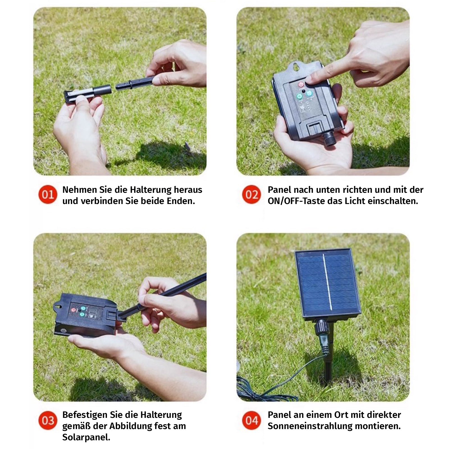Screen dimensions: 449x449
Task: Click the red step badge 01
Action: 48,194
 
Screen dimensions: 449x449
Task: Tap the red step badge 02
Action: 251,194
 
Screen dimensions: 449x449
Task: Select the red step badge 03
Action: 48,420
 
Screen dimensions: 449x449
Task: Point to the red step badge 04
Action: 251,420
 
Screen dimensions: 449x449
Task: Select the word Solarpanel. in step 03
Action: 86,437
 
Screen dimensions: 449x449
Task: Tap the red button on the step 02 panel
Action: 301,84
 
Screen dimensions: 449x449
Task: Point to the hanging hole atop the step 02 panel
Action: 295,67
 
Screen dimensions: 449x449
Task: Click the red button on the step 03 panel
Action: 74,310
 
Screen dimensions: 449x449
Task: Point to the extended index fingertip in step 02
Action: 310,79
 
